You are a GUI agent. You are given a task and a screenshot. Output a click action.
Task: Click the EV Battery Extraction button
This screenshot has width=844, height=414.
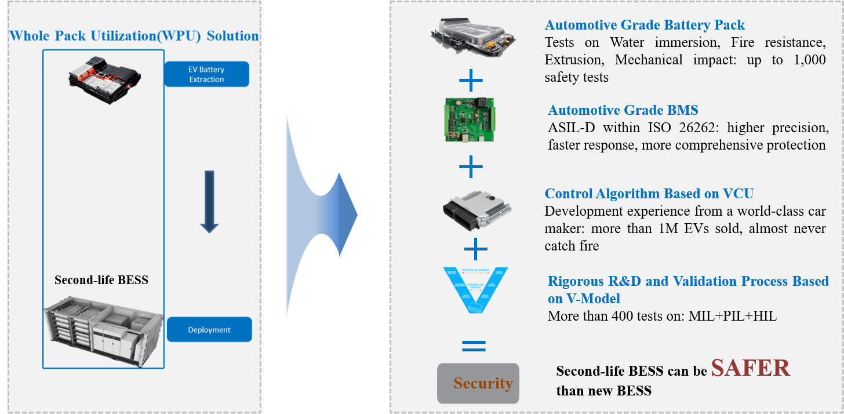206,74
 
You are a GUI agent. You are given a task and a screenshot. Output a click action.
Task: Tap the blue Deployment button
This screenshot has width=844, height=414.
209,329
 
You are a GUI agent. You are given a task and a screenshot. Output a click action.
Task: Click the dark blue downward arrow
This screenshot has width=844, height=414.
209,202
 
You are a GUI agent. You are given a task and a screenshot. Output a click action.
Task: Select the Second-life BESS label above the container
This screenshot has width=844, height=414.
101,280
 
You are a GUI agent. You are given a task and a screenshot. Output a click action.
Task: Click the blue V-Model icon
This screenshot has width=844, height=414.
474,289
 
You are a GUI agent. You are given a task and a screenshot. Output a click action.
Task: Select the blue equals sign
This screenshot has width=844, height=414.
474,347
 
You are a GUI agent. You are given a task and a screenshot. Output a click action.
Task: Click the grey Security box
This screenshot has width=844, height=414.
478,383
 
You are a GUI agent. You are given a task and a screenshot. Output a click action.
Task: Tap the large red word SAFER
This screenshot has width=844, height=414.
751,368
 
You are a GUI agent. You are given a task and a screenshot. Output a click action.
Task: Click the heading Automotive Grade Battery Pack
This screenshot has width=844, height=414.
645,25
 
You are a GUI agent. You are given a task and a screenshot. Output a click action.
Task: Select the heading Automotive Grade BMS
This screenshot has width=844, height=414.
623,110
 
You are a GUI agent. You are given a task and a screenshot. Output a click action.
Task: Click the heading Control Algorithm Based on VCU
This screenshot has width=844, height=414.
649,194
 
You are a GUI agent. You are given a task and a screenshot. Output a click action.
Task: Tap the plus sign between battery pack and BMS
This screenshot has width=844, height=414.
471,80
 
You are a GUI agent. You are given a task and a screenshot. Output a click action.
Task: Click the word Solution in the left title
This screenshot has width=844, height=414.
232,36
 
